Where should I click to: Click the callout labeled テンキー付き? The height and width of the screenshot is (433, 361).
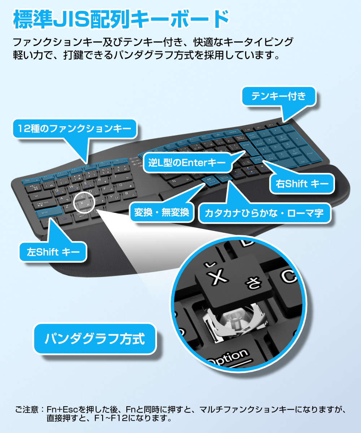pos(279,96)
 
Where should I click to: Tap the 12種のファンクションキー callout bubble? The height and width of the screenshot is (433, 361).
pos(75,128)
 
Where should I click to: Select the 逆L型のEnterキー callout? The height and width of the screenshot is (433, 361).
pos(187,163)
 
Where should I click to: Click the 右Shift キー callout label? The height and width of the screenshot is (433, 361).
pos(303,184)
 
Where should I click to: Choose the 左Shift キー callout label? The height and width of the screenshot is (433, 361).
pos(53,252)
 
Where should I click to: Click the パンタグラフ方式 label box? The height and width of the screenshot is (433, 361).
pos(95,339)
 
